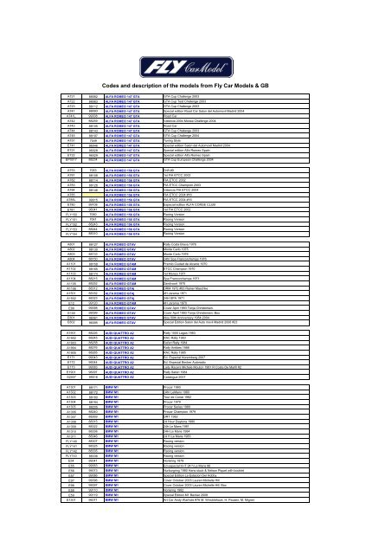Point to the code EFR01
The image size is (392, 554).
click(73, 184)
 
